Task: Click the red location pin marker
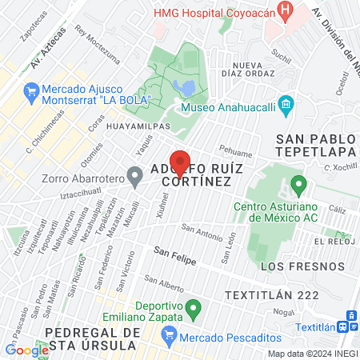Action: pos(181,163)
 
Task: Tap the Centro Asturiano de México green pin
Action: pos(299,186)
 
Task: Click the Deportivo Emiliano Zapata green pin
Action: pos(192,306)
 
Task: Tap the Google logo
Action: pos(26,350)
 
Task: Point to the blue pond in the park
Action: pos(182,86)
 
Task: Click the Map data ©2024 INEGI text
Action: pos(312,354)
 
